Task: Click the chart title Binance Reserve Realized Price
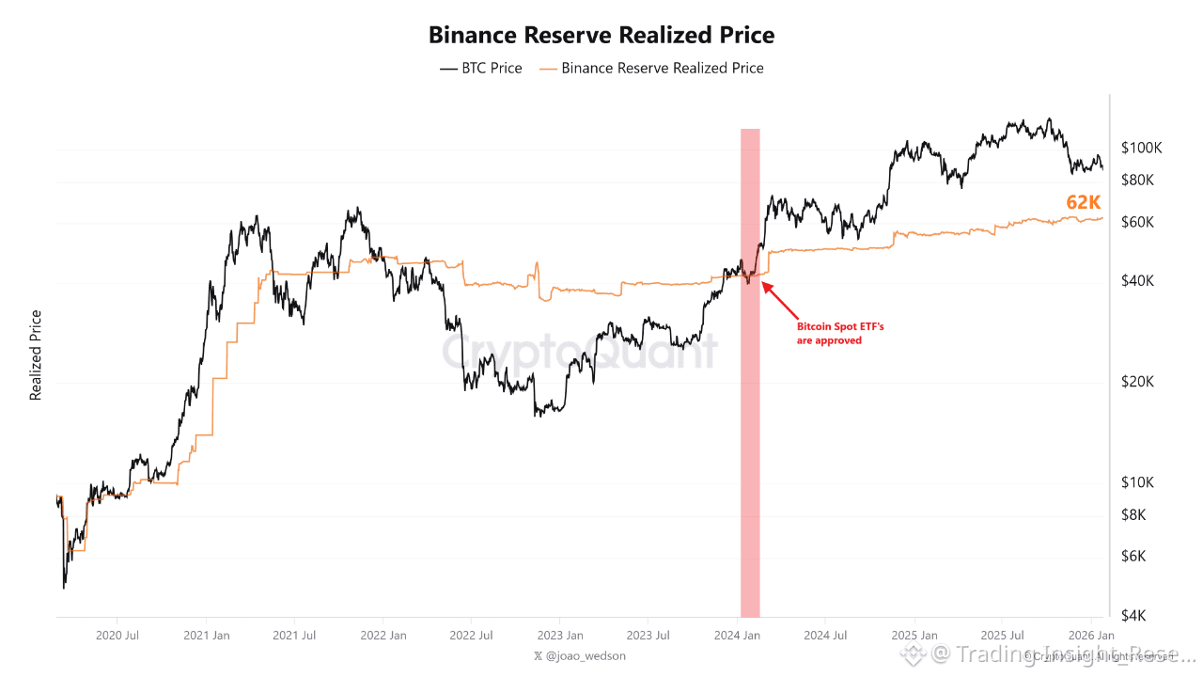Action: coord(601,35)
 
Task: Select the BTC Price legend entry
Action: coord(481,69)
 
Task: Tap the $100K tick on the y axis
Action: coord(1142,148)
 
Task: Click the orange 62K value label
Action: coord(1083,202)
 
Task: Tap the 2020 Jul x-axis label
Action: coord(117,636)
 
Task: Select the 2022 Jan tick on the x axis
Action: coord(383,636)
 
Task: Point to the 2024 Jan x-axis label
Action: coord(738,636)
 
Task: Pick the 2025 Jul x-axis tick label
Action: coord(1001,636)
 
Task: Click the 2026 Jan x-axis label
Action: coord(1092,636)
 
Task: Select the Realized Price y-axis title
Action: coord(37,355)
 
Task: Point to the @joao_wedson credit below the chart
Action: coord(579,655)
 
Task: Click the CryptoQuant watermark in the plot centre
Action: coord(580,352)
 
